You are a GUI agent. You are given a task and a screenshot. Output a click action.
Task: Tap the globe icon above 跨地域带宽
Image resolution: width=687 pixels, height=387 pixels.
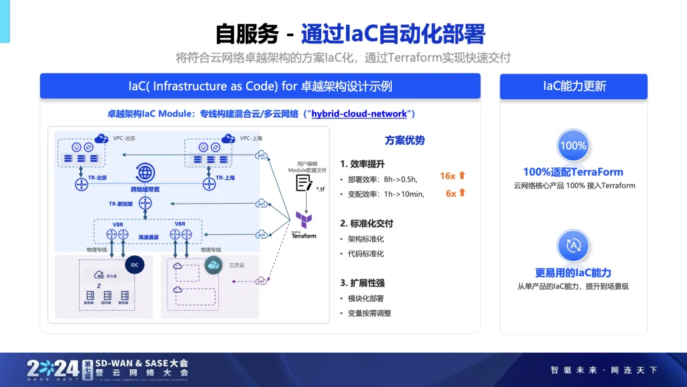click(145, 172)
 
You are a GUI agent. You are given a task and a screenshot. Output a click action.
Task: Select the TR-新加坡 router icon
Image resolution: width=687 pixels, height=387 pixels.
click(146, 203)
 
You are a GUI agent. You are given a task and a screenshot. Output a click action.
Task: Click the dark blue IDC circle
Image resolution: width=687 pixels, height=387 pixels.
click(134, 265)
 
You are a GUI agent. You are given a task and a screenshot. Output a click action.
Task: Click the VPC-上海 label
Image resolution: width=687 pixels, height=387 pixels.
click(251, 138)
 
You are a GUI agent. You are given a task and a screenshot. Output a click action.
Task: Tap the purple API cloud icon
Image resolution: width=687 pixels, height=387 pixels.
click(261, 281)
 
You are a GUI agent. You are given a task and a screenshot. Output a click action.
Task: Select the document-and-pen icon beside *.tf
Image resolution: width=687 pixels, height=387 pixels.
click(304, 183)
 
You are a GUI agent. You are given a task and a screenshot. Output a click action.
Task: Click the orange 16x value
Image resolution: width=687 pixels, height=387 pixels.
click(447, 176)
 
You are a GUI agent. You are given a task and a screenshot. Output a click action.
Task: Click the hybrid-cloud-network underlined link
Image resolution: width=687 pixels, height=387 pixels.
click(359, 114)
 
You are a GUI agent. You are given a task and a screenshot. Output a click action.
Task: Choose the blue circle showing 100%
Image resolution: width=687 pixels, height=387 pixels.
click(572, 146)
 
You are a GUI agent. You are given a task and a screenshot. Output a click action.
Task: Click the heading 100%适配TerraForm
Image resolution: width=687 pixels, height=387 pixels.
click(573, 172)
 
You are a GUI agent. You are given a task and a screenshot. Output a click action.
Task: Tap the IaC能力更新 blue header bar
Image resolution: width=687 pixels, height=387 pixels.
click(573, 87)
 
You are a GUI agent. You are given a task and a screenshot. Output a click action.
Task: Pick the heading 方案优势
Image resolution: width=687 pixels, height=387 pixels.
click(405, 141)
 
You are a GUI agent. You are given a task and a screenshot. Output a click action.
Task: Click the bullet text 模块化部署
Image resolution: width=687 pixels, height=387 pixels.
click(366, 299)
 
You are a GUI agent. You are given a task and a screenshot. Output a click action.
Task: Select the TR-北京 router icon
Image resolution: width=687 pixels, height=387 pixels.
click(81, 185)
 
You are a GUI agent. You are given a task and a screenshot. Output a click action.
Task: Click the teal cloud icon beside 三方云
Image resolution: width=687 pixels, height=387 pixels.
click(212, 264)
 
